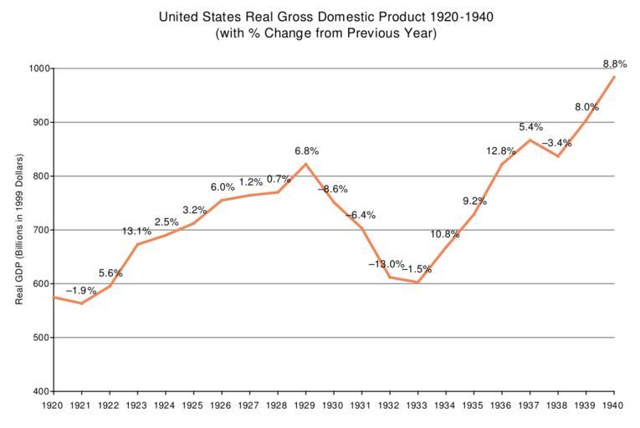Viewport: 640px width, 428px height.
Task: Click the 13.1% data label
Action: [137, 232]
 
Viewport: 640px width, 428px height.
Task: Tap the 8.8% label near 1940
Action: [614, 64]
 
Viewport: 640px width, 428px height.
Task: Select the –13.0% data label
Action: [386, 264]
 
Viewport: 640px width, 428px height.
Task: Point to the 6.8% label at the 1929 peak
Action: [306, 151]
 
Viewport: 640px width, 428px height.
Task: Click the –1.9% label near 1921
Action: [81, 291]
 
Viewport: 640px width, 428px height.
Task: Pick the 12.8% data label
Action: [500, 151]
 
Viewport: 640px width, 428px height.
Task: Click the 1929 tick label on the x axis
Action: [306, 405]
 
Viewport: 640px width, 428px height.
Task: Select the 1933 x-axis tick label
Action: [418, 405]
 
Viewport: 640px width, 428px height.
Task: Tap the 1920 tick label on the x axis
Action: [54, 405]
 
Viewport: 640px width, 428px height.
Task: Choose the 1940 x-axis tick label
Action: [614, 405]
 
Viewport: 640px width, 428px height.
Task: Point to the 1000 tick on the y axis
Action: [37, 69]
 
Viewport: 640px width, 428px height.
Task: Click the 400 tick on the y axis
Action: [39, 392]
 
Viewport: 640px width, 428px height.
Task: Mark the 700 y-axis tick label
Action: [39, 230]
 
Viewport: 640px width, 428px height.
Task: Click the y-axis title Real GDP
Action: [19, 230]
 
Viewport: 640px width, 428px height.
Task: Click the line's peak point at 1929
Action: [306, 164]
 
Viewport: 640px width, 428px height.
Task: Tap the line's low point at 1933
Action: [418, 283]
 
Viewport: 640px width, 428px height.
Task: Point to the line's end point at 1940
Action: [614, 77]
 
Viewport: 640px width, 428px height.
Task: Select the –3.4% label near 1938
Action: [556, 143]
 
